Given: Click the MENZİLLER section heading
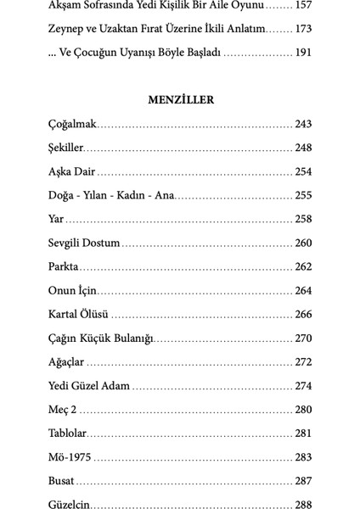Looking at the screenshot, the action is (179, 100).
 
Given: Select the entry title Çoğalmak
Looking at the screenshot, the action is (73, 124).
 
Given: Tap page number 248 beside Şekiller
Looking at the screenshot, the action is (304, 148).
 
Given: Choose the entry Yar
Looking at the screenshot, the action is (57, 219).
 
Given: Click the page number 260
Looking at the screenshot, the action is (304, 243).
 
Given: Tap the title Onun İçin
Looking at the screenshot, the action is (74, 290).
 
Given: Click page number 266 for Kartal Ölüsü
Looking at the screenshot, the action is (304, 314).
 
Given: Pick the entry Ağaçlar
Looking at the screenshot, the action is (66, 361).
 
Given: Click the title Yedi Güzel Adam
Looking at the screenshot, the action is (88, 385).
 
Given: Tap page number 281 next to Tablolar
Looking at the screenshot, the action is (304, 433).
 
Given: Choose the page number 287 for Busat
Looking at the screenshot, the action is (304, 480).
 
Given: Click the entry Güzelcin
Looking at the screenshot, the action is (70, 504).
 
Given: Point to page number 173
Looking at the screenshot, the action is (304, 29).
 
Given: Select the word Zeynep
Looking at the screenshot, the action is (68, 29).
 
